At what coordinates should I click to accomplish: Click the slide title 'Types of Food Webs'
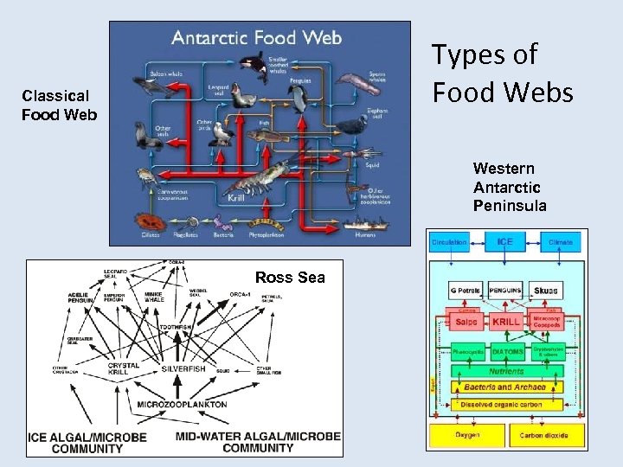(502, 73)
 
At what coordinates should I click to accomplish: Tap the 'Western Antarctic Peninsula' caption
(510, 187)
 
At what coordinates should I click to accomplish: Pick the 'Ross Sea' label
(290, 278)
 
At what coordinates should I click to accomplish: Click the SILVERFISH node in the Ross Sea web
(183, 369)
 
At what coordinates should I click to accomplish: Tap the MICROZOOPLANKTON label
(182, 404)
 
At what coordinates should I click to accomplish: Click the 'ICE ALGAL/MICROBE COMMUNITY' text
(87, 443)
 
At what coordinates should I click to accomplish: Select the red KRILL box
(507, 321)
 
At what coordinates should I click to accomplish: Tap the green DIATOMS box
(507, 353)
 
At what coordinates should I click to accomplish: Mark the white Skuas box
(546, 291)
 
